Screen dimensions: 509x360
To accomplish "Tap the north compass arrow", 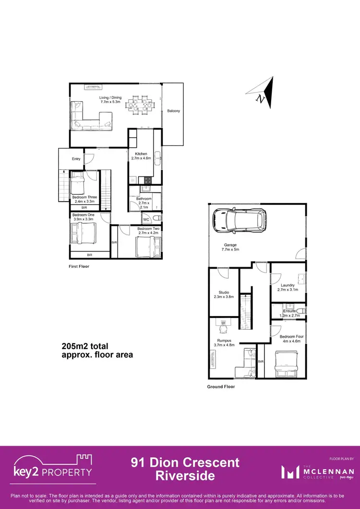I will [x=264, y=93].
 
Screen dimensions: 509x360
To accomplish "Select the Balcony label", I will [x=174, y=111].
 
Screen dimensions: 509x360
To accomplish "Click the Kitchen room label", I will [x=141, y=154].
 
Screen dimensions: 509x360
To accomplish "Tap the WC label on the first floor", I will [x=146, y=219].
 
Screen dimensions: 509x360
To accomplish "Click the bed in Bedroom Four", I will [x=287, y=364].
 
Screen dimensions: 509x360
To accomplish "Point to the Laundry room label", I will [x=288, y=285].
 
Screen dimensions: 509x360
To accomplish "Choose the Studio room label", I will [x=224, y=292].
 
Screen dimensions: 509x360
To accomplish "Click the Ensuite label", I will [x=289, y=311].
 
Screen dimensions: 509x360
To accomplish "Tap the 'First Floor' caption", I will [x=79, y=266].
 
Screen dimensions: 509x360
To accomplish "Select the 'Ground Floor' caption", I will [x=221, y=387].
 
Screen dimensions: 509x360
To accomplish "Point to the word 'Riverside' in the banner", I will [x=185, y=476].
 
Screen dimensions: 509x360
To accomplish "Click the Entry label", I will [x=76, y=159].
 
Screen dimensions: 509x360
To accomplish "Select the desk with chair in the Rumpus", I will [x=222, y=326].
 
